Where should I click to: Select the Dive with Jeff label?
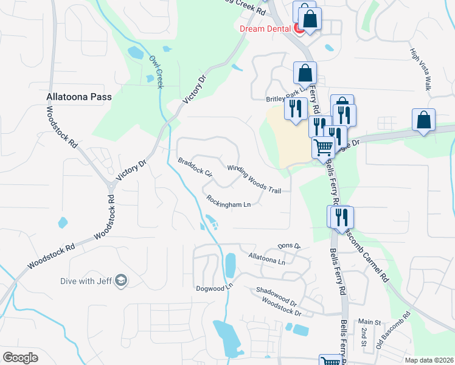[x=86, y=280]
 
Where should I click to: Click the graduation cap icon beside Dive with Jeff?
[x=121, y=280]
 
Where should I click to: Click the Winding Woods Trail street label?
[x=254, y=179]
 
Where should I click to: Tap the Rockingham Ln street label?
[x=229, y=201]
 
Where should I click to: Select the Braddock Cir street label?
[x=195, y=167]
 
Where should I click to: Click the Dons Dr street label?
[x=290, y=246]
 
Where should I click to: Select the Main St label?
[x=369, y=321]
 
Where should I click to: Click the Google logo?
[x=21, y=358]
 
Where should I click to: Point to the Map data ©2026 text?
[x=428, y=360]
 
